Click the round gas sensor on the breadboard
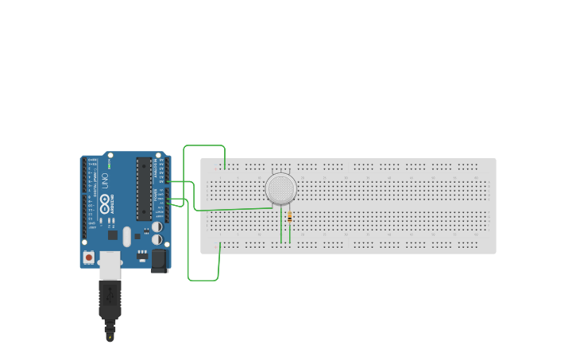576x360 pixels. click(x=280, y=188)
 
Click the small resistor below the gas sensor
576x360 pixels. click(x=289, y=216)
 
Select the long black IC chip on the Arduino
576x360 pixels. click(x=144, y=188)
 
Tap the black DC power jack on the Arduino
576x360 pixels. click(x=159, y=260)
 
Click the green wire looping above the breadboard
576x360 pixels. click(x=204, y=146)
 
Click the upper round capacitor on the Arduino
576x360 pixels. click(x=157, y=226)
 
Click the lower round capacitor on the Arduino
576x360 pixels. click(x=157, y=238)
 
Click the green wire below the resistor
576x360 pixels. click(x=290, y=232)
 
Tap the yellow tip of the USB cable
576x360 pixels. click(x=110, y=336)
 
